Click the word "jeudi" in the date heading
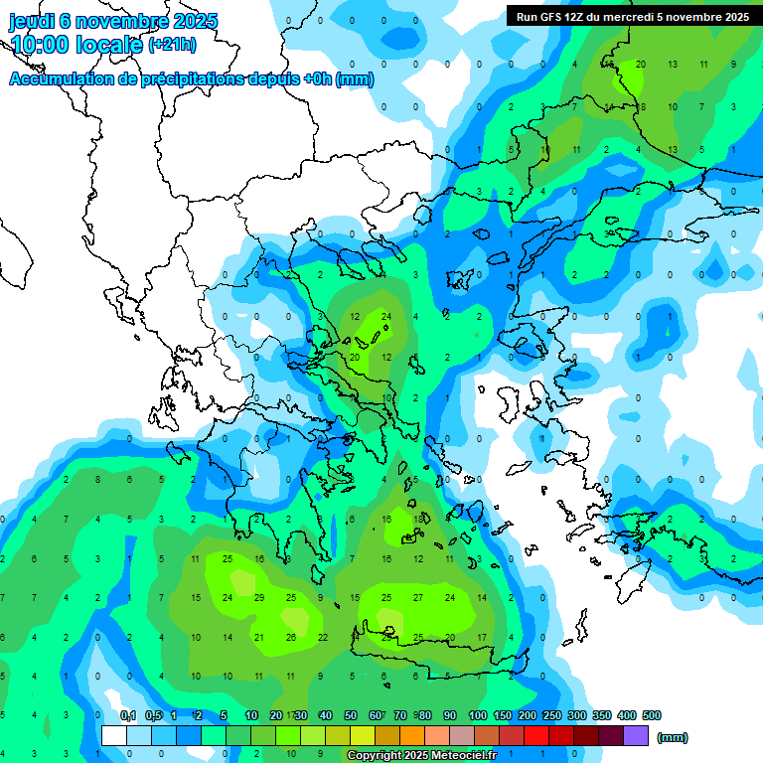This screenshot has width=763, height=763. [x=34, y=21]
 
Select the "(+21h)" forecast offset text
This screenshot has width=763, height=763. [x=172, y=45]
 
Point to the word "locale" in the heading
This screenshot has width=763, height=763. [x=112, y=45]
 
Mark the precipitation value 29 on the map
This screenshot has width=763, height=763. [x=259, y=597]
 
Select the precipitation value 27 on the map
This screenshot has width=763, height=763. [x=418, y=597]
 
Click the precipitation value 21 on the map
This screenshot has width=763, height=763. [x=259, y=637]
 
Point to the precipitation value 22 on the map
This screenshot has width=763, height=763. [x=323, y=637]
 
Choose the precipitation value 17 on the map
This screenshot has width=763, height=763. [x=482, y=637]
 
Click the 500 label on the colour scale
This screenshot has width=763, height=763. [x=651, y=715]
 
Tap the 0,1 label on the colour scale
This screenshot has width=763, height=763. [x=128, y=715]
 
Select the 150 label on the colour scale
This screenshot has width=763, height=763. [x=503, y=715]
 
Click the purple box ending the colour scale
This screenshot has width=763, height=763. [x=636, y=736]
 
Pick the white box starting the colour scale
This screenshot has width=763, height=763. [x=114, y=736]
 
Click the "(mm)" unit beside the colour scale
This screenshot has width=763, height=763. [x=673, y=737]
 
